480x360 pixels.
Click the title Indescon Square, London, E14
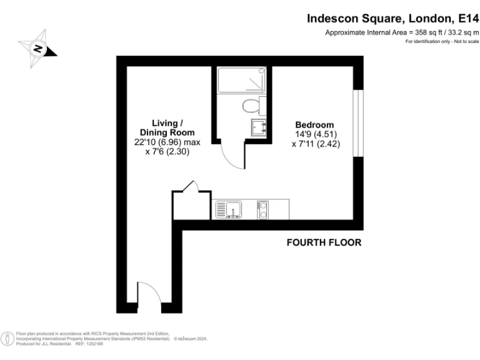click(392, 18)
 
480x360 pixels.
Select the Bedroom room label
click(314, 124)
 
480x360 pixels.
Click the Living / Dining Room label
click(167, 127)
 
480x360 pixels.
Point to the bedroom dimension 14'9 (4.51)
click(314, 134)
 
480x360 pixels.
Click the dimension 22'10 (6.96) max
click(167, 142)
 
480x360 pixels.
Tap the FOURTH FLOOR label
click(323, 242)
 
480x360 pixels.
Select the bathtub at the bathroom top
click(242, 80)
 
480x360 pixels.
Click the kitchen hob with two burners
click(264, 209)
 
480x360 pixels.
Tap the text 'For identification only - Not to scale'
click(442, 41)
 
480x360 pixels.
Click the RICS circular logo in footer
click(7, 339)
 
